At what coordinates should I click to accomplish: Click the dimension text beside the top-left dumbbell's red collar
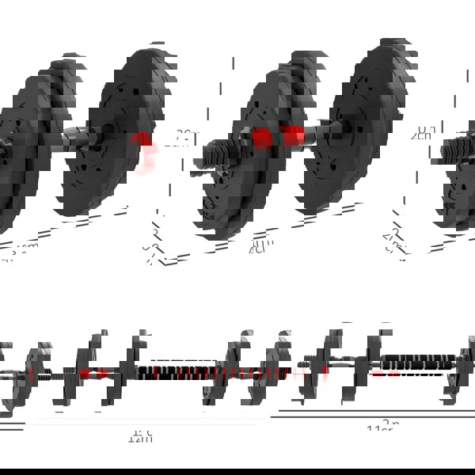point(184,135)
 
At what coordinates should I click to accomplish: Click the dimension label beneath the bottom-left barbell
point(140,436)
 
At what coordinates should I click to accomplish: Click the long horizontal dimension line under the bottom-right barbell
point(372,414)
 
